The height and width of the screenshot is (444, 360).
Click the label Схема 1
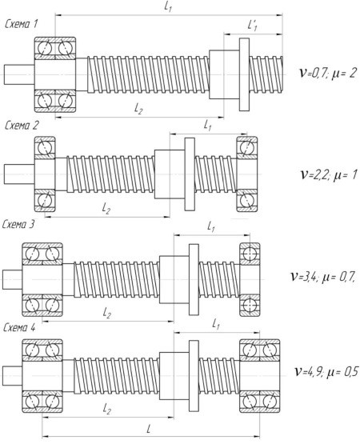[x=22, y=24]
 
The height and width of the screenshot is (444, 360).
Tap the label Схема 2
[x=22, y=126]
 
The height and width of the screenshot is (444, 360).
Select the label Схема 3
[x=18, y=224]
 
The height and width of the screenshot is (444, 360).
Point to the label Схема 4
[x=19, y=328]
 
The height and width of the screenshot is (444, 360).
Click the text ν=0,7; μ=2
[x=328, y=73]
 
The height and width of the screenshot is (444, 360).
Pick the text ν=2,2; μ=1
[x=329, y=174]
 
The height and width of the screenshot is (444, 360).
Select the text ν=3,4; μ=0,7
[x=323, y=276]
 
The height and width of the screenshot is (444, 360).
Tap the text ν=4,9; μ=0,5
[x=327, y=371]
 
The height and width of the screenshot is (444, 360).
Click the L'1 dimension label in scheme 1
[x=252, y=26]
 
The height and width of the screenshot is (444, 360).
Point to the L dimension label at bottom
[x=149, y=429]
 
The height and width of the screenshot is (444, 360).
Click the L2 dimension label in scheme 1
[x=138, y=109]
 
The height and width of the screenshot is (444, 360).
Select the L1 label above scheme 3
[x=211, y=227]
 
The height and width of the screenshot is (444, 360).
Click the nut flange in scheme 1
[x=244, y=74]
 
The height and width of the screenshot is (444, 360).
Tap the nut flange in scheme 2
[x=190, y=174]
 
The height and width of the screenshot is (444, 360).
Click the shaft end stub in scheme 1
[x=19, y=74]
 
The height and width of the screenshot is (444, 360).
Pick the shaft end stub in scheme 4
[x=13, y=375]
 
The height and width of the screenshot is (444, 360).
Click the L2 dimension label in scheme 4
[x=106, y=409]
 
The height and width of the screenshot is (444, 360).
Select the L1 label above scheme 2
[x=208, y=125]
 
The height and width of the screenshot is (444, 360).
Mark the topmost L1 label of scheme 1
[x=168, y=6]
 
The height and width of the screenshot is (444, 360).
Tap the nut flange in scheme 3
[x=194, y=279]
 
